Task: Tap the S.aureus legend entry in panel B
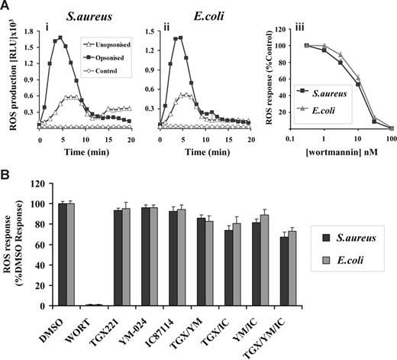pyautogui.click(x=360, y=238)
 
